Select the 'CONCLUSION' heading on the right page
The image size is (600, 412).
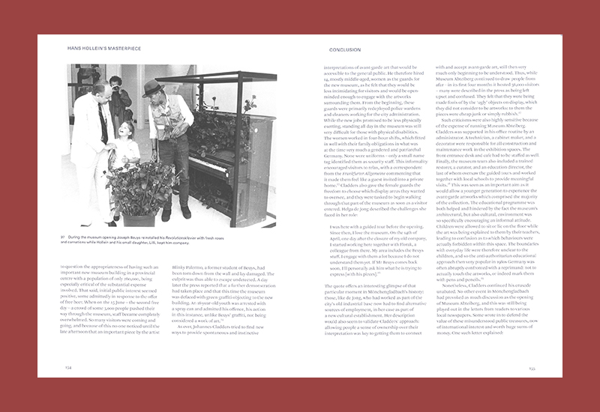pos(345,49)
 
